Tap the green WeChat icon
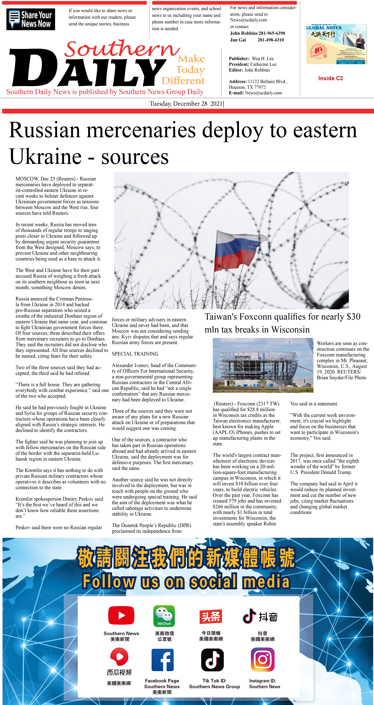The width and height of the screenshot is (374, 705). point(164,616)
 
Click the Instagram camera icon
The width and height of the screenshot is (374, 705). point(262,660)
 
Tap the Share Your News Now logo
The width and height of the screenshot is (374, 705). point(31,19)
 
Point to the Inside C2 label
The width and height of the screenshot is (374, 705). point(330,78)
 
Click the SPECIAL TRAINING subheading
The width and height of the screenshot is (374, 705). point(135,354)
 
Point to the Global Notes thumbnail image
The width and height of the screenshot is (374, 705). point(336,44)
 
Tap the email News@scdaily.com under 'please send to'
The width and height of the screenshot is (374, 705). point(248,20)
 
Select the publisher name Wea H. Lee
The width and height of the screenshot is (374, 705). point(262,59)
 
